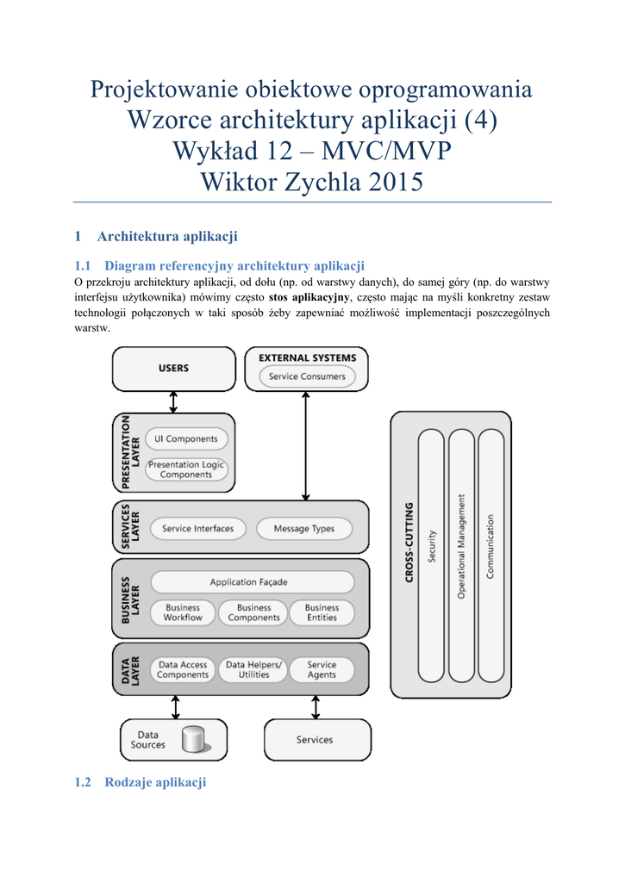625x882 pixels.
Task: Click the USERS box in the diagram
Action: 173,369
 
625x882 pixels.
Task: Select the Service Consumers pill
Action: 307,376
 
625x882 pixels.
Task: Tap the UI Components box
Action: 186,439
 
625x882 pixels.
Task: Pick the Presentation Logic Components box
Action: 185,469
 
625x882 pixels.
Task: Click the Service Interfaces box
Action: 197,529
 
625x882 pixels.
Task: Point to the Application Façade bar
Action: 249,582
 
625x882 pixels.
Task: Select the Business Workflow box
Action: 183,612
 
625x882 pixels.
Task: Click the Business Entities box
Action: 322,612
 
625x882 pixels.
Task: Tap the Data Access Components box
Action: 183,670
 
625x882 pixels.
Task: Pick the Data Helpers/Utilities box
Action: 253,670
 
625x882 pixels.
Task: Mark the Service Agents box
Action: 322,670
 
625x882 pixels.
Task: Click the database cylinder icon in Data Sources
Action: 194,740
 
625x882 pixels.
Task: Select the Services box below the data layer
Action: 316,740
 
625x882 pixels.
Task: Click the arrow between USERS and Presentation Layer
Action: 173,402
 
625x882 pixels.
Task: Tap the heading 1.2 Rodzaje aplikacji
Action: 141,783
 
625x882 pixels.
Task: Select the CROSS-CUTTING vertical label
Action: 409,543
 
